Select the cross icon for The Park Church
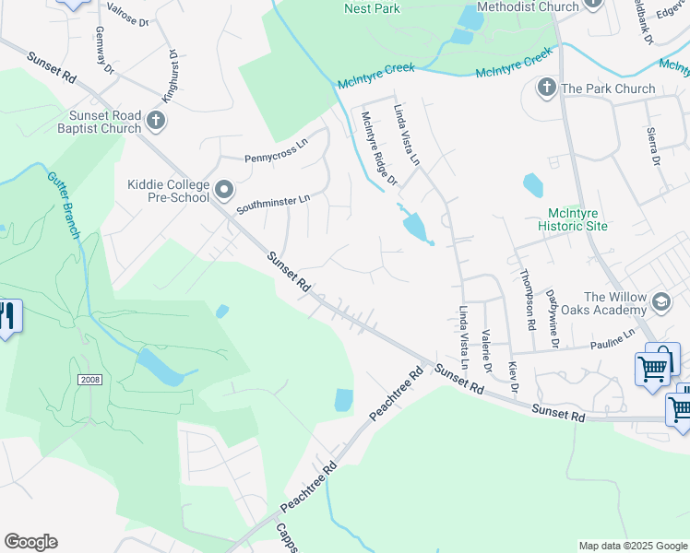point(546,88)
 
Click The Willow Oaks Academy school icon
point(660,301)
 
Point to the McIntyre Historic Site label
point(573,219)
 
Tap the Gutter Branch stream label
point(63,204)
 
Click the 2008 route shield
point(90,380)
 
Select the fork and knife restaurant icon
point(7,316)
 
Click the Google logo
point(30,542)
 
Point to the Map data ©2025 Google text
point(632,546)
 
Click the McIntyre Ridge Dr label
point(378,147)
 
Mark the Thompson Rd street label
point(528,300)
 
